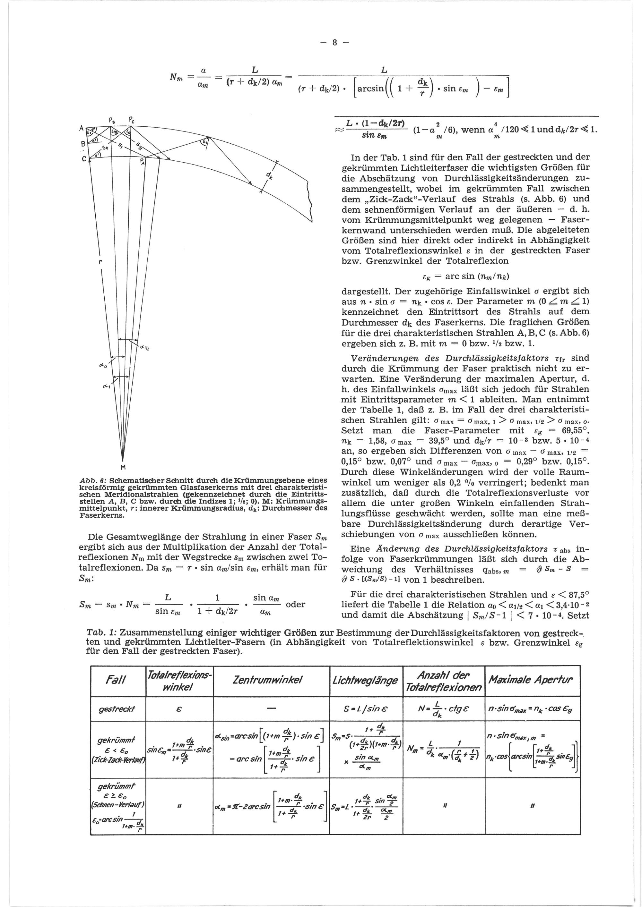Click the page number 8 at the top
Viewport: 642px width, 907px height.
click(x=334, y=43)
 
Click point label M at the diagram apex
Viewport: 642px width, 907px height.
click(x=123, y=467)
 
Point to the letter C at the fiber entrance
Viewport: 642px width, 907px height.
click(x=83, y=159)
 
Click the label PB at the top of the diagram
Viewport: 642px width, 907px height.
click(x=112, y=119)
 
